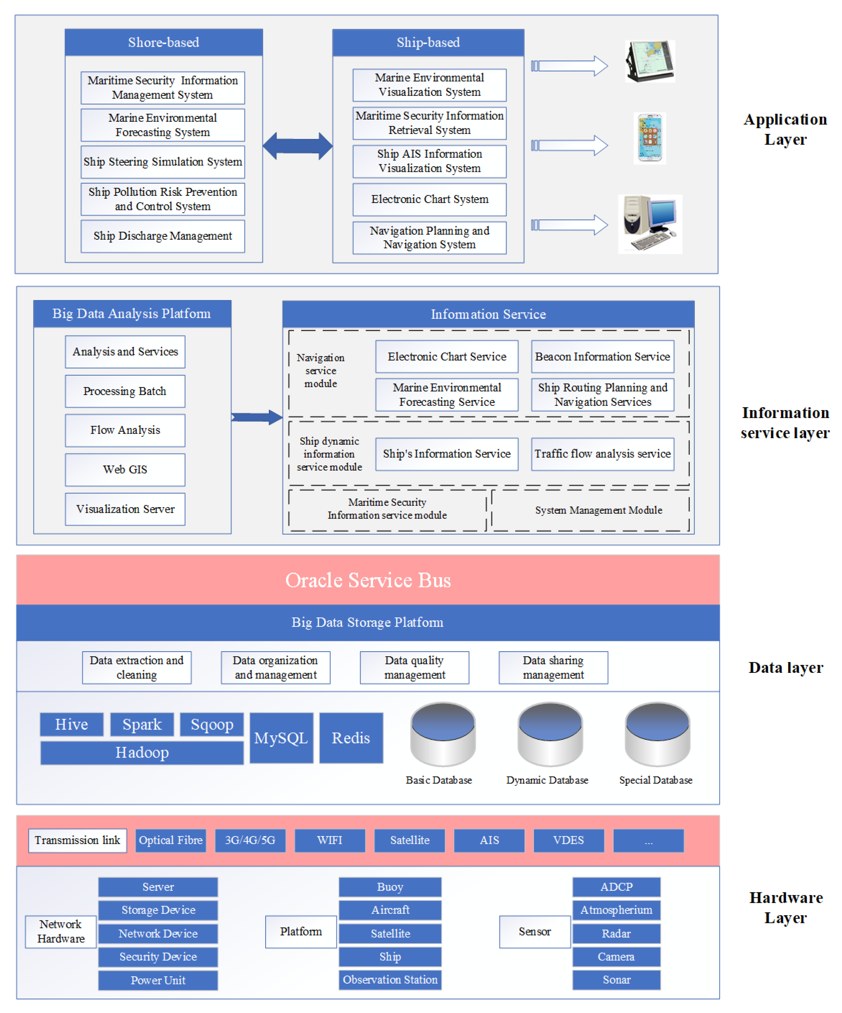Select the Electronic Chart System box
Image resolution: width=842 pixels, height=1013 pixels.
point(429,199)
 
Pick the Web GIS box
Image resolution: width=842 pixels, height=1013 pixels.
point(125,469)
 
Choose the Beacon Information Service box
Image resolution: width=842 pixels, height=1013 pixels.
point(602,356)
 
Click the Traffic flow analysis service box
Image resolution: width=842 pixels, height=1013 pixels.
point(602,454)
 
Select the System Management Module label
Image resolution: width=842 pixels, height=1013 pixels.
point(598,510)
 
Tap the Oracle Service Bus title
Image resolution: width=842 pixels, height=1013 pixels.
point(368,580)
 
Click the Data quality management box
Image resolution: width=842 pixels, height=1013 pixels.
point(414,668)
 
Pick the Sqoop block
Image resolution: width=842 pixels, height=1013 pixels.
point(212,724)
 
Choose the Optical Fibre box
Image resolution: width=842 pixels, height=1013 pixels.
point(171,840)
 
